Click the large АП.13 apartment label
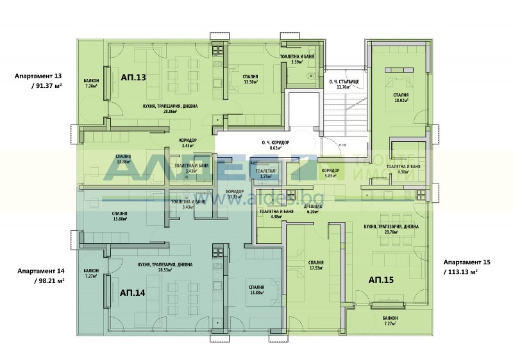(x=133, y=77)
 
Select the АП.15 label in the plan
(x=381, y=280)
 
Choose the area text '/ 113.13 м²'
(x=460, y=272)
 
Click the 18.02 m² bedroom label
(x=401, y=98)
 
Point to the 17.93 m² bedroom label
(x=315, y=265)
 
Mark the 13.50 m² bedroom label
(x=250, y=80)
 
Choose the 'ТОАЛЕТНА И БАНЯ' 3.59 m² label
(x=296, y=60)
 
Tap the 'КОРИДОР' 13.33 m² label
(x=235, y=194)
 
